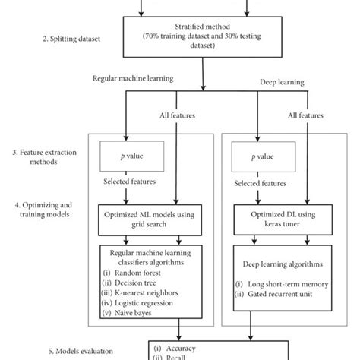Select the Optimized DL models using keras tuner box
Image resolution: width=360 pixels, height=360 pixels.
pyautogui.click(x=280, y=220)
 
